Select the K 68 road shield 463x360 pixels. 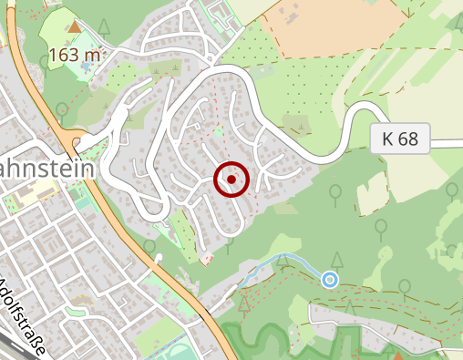[400, 139]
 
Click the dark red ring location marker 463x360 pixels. [232, 180]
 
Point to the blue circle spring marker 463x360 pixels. [330, 280]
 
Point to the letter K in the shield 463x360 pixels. [388, 139]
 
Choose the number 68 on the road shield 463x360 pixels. [409, 139]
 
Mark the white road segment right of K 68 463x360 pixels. [447, 143]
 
